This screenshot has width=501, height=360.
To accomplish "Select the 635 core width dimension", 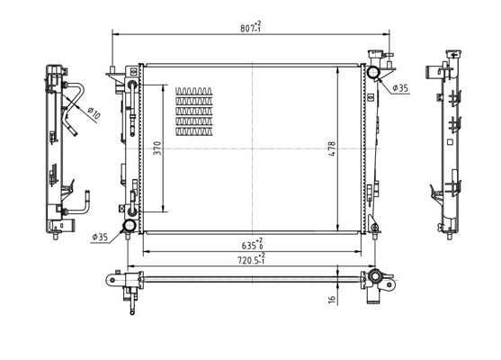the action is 253,244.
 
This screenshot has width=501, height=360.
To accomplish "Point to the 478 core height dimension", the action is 332,148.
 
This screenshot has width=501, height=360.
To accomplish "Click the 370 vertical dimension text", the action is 157,148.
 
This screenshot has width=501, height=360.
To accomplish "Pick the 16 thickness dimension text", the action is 332,300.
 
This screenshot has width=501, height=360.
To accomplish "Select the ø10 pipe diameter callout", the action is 94,112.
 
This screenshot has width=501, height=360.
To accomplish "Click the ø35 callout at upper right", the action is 400,88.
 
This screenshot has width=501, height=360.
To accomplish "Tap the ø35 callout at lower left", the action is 100,238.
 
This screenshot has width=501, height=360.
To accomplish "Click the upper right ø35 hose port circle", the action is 372,72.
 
